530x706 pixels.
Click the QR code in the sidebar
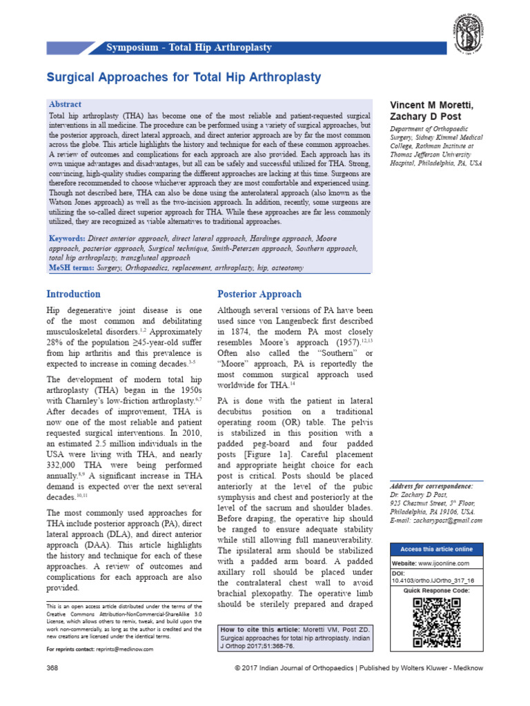click(x=436, y=623)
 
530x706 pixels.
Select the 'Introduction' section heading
click(x=73, y=294)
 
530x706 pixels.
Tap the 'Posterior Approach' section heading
click(x=259, y=294)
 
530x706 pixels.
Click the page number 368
click(x=52, y=668)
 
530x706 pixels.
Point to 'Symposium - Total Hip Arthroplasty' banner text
click(x=189, y=48)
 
